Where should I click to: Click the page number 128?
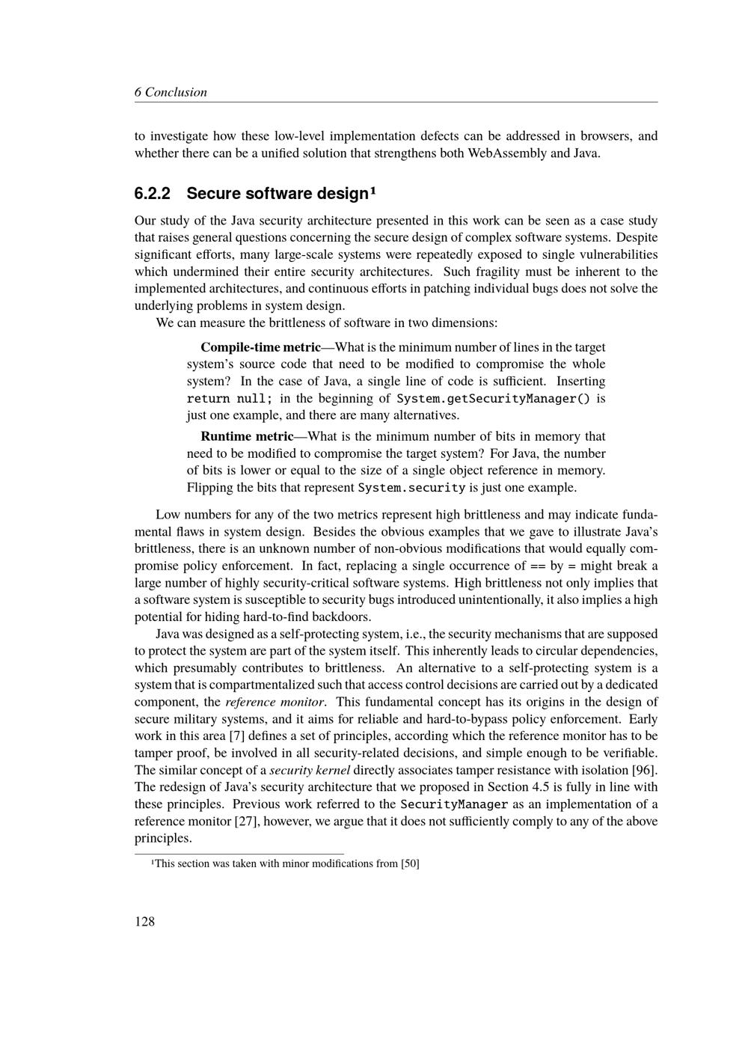click(x=144, y=921)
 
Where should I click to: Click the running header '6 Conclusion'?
click(x=171, y=92)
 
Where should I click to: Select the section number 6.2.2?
click(x=153, y=193)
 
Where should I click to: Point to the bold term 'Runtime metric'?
click(x=247, y=436)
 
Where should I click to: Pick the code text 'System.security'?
click(x=411, y=488)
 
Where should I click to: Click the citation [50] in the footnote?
click(x=410, y=863)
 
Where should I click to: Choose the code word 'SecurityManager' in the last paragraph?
click(x=454, y=804)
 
